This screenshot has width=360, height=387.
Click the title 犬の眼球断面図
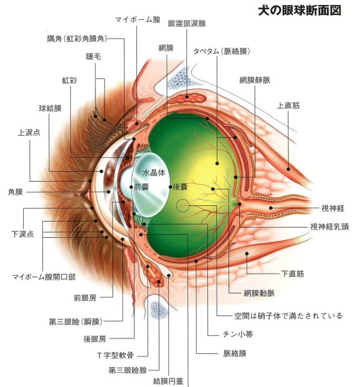pyautogui.click(x=300, y=11)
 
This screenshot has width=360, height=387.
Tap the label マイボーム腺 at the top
pyautogui.click(x=138, y=19)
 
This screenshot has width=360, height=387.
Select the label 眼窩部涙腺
pyautogui.click(x=187, y=24)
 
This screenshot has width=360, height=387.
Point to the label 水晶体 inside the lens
pyautogui.click(x=154, y=173)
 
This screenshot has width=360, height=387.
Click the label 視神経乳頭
pyautogui.click(x=329, y=226)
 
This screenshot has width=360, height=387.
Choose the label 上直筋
pyautogui.click(x=288, y=106)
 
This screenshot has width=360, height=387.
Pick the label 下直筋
pyautogui.click(x=293, y=274)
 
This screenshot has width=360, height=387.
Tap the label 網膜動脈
pyautogui.click(x=259, y=293)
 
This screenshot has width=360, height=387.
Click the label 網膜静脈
pyautogui.click(x=255, y=80)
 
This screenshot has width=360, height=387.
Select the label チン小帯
pyautogui.click(x=238, y=334)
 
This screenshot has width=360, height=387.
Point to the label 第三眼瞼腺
pyautogui.click(x=128, y=370)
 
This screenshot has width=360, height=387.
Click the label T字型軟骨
pyautogui.click(x=115, y=355)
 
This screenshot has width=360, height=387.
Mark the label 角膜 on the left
pyautogui.click(x=16, y=192)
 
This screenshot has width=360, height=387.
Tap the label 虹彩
pyautogui.click(x=69, y=80)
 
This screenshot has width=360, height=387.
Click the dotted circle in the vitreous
pyautogui.click(x=182, y=205)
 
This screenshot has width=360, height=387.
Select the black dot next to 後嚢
pyautogui.click(x=170, y=187)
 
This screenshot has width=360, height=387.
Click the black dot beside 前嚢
pyautogui.click(x=131, y=187)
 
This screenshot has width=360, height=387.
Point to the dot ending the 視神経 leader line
pyautogui.click(x=270, y=208)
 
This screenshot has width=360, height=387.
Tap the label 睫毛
pyautogui.click(x=93, y=57)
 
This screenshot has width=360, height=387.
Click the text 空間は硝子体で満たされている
pyautogui.click(x=288, y=315)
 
